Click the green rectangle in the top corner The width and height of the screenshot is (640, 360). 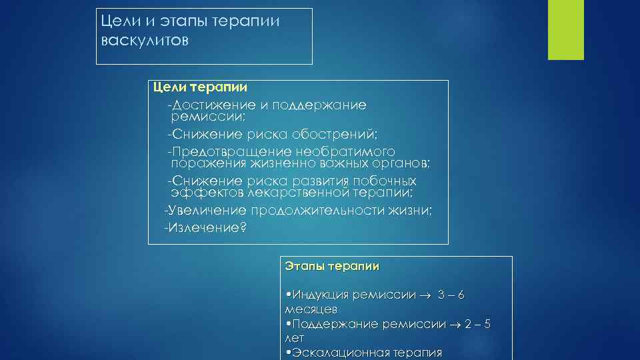pyautogui.click(x=565, y=29)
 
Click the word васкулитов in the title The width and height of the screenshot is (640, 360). pyautogui.click(x=145, y=41)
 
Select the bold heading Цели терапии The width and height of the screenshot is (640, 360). pyautogui.click(x=200, y=87)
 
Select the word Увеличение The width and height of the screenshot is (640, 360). pyautogui.click(x=207, y=211)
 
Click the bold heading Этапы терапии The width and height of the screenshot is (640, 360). pyautogui.click(x=331, y=266)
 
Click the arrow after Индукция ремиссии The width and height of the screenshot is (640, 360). pyautogui.click(x=426, y=295)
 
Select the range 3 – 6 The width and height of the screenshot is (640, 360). pyautogui.click(x=451, y=295)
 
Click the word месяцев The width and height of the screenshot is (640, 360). pyautogui.click(x=311, y=309)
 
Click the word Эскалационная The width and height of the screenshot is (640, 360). pyautogui.click(x=333, y=353)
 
